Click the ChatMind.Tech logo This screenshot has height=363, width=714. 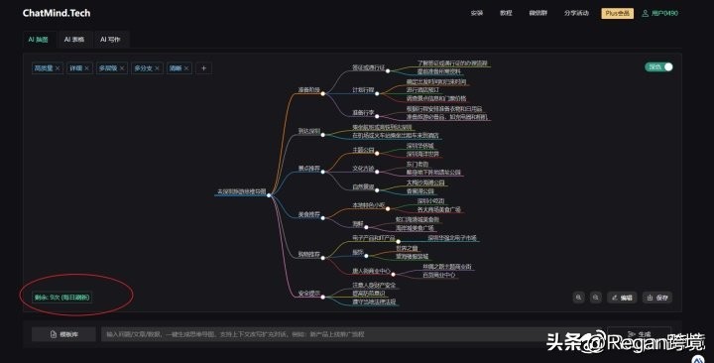pos(58,12)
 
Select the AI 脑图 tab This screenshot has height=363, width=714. pos(38,40)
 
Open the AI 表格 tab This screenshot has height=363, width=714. pos(75,40)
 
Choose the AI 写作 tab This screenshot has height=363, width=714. pos(109,40)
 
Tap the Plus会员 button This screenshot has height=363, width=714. pos(617,13)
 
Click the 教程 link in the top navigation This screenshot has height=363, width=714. pos(506,13)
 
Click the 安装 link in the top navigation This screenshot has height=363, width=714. pos(476,13)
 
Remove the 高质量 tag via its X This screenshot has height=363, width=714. pos(58,68)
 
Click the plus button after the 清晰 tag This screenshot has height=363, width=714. pos(204,68)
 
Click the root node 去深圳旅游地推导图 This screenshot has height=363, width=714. pos(241,191)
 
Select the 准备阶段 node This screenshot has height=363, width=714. pos(309,89)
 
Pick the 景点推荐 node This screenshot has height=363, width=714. pos(309,169)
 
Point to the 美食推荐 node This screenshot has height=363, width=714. pos(309,213)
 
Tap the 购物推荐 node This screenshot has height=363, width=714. pos(309,254)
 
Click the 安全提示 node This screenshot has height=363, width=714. pos(309,294)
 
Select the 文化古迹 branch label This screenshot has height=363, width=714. pos(363,169)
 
